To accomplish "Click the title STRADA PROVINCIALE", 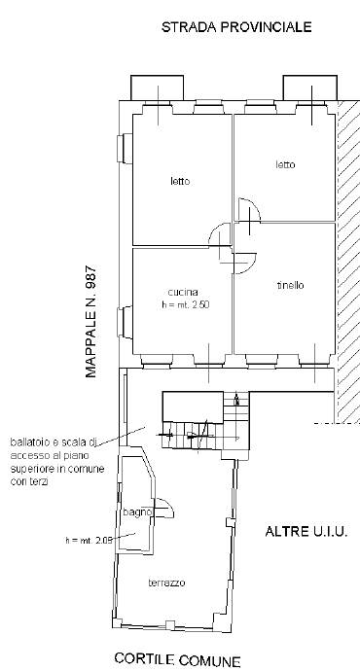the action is pyautogui.click(x=236, y=27).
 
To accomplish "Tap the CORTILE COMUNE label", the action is pyautogui.click(x=178, y=659).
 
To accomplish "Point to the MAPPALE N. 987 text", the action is pyautogui.click(x=91, y=322).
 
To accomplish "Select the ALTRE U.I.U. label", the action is pyautogui.click(x=306, y=532).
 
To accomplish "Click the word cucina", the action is pyautogui.click(x=183, y=293).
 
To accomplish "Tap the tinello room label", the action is pyautogui.click(x=290, y=285).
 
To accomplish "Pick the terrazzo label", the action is pyautogui.click(x=166, y=583).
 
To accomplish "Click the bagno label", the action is pyautogui.click(x=137, y=512).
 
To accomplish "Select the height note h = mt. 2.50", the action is pyautogui.click(x=185, y=305).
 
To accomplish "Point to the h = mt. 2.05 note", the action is pyautogui.click(x=90, y=540).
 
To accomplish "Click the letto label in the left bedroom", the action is pyautogui.click(x=180, y=182).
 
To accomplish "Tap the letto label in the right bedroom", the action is pyautogui.click(x=285, y=164).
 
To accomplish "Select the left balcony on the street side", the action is pyautogui.click(x=157, y=88).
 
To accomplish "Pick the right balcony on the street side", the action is pyautogui.click(x=310, y=88).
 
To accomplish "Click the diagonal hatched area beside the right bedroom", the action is pyautogui.click(x=348, y=262).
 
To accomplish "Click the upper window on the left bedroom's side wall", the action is pyautogui.click(x=125, y=149).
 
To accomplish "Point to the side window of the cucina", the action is pyautogui.click(x=125, y=322).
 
